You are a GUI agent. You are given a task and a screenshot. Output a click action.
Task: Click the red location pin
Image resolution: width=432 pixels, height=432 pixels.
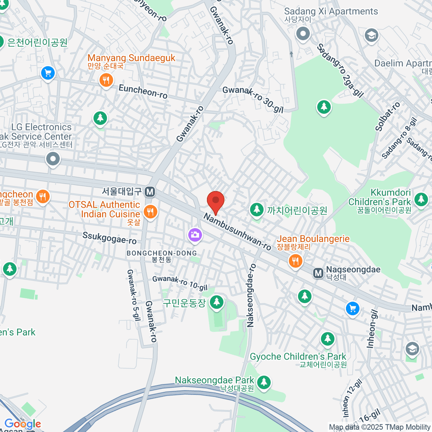click(216, 200)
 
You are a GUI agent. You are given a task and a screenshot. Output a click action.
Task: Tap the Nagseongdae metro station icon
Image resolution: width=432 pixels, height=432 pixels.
click(318, 273)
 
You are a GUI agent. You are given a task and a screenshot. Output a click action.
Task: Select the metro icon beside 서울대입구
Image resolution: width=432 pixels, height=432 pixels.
click(150, 192)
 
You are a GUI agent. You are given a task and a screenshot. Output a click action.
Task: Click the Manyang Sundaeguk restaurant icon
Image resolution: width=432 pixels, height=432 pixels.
click(106, 80)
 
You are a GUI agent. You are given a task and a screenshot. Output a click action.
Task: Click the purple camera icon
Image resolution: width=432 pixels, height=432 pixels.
click(195, 235)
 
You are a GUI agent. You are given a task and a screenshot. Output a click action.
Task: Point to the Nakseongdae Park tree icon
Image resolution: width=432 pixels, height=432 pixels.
click(264, 382)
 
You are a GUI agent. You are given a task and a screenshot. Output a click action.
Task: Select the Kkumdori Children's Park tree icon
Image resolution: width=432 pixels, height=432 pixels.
click(421, 199)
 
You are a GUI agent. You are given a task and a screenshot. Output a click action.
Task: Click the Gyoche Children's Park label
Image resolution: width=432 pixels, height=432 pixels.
click(298, 357)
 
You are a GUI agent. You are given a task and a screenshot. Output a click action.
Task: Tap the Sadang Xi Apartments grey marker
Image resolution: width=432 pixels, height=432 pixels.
click(303, 34)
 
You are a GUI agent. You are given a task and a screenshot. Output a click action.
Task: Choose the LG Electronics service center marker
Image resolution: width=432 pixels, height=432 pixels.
click(53, 158)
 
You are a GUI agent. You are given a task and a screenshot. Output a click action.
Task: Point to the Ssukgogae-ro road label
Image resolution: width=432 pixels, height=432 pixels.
click(109, 238)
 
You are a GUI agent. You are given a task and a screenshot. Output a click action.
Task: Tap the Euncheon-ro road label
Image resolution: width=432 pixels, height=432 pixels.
click(143, 91)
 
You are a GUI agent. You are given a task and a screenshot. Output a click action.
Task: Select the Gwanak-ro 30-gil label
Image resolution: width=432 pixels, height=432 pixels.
click(253, 99)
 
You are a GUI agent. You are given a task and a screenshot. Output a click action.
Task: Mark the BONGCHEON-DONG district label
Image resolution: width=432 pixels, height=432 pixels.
click(162, 253)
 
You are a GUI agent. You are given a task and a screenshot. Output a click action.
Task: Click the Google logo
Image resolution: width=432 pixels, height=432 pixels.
click(23, 424)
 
